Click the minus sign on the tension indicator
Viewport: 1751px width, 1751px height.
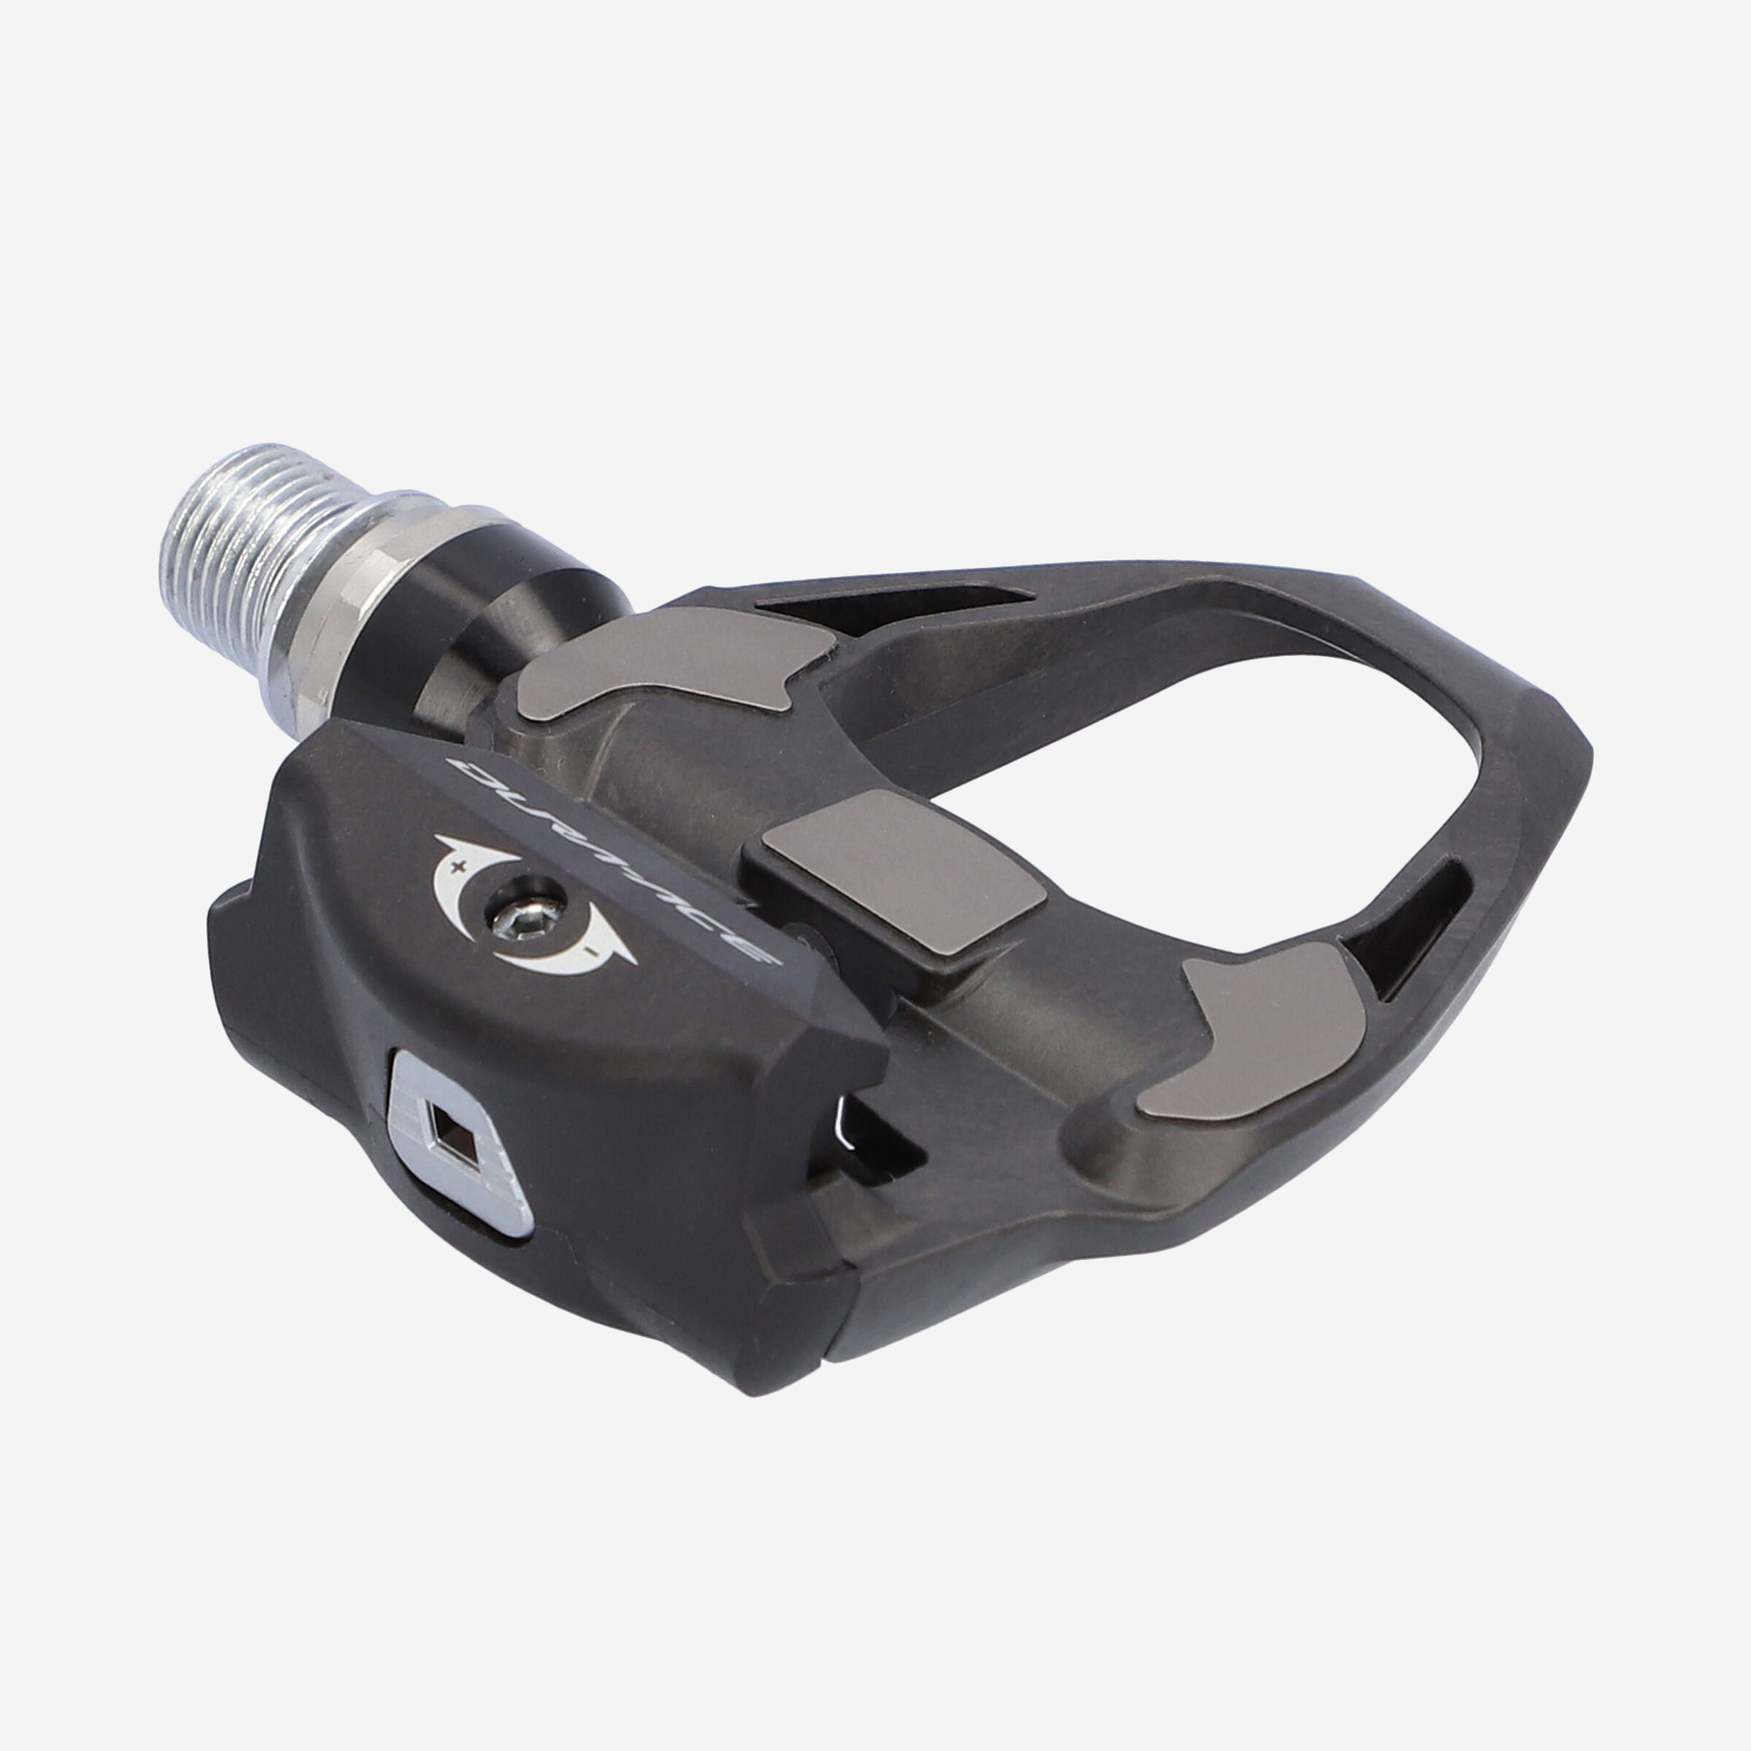[590, 951]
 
